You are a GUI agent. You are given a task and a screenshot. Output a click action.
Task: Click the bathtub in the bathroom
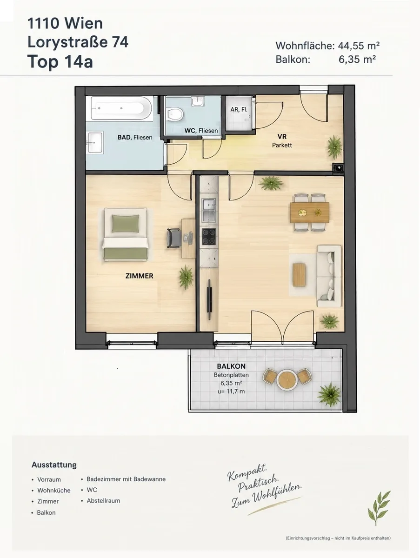(x=121, y=108)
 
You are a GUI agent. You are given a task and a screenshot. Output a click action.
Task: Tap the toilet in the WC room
(x=175, y=113)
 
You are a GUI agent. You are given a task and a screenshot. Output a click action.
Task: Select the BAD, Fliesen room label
(x=135, y=138)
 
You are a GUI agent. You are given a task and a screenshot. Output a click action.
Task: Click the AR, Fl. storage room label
(x=239, y=110)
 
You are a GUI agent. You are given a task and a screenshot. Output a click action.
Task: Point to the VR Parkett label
(x=282, y=141)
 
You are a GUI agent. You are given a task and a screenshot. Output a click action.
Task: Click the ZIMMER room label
(x=140, y=276)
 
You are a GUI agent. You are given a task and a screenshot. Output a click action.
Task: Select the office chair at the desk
(x=173, y=238)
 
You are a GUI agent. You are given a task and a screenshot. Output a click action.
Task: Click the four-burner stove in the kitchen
(x=209, y=237)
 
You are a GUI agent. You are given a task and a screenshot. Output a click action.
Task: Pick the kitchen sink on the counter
(x=209, y=210)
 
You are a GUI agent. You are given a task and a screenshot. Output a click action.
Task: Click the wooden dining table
(x=310, y=213)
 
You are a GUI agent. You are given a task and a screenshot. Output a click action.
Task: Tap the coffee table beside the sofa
(x=299, y=275)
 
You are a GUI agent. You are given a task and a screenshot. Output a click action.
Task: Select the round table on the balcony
(x=287, y=379)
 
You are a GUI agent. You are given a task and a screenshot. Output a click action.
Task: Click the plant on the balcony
(x=329, y=394)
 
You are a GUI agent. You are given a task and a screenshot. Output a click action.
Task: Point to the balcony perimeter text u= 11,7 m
(x=231, y=391)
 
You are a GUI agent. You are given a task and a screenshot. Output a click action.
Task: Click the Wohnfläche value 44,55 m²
(x=359, y=46)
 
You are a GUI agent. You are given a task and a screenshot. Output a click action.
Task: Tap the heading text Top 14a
(x=60, y=62)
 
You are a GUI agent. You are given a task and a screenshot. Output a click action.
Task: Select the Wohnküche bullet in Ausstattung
(x=53, y=491)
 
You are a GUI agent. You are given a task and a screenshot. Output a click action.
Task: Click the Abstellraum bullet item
(x=103, y=500)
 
